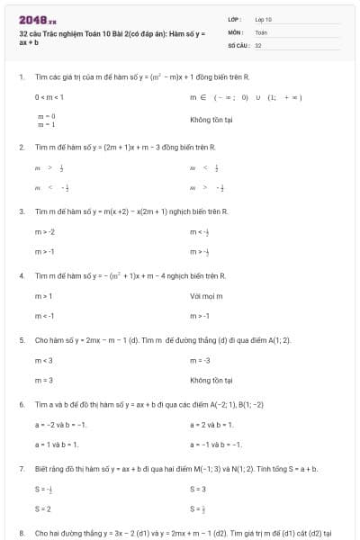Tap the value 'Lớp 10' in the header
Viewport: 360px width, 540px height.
tap(263, 19)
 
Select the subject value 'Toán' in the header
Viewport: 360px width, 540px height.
tap(261, 31)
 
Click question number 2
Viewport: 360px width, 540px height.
tap(22, 146)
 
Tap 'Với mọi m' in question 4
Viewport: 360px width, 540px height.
tap(206, 296)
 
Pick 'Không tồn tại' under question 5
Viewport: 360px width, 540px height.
tap(211, 381)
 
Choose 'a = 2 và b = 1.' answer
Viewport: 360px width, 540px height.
tap(212, 424)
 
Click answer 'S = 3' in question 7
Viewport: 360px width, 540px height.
tap(198, 489)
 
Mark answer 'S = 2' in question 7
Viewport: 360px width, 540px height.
tap(43, 508)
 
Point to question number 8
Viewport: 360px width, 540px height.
tap(22, 533)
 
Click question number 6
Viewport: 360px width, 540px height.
tap(22, 405)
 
